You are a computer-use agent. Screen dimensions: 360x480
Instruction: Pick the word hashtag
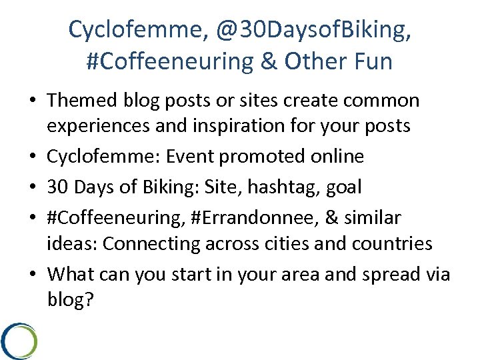point(285,187)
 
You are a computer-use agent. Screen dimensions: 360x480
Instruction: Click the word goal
point(344,187)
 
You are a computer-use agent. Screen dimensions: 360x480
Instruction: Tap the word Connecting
point(146,243)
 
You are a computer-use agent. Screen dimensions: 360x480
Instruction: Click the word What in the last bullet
point(72,274)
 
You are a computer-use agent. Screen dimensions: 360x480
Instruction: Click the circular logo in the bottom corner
point(18,340)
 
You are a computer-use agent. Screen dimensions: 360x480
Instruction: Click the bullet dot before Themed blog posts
point(33,101)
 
